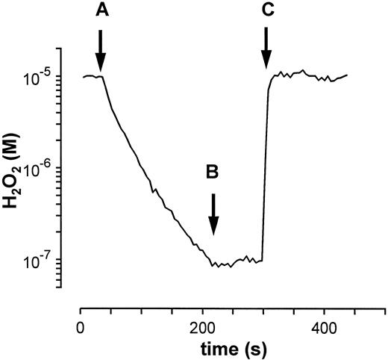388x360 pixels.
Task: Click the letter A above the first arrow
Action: click(x=101, y=11)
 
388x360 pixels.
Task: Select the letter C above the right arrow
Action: click(x=266, y=11)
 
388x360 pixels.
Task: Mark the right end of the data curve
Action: click(x=347, y=75)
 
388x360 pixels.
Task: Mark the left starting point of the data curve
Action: click(x=83, y=76)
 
